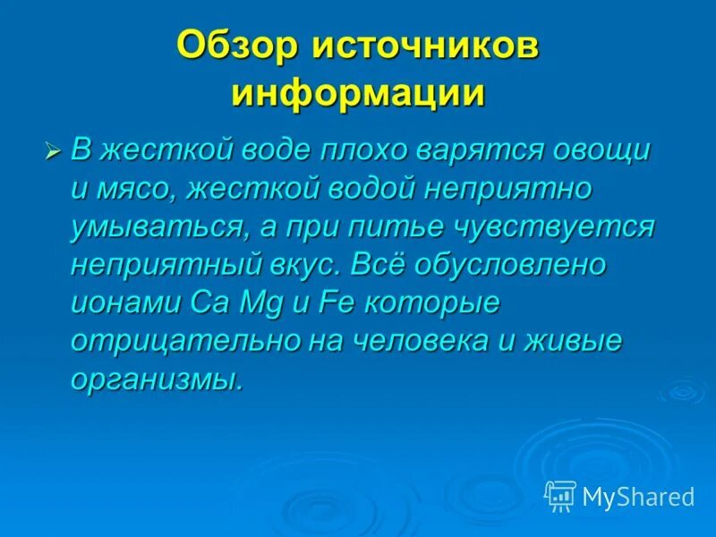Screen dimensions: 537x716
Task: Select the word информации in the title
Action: pyautogui.click(x=358, y=93)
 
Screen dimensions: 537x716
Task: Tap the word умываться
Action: pyautogui.click(x=151, y=227)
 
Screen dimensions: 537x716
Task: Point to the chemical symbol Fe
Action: pyautogui.click(x=333, y=303)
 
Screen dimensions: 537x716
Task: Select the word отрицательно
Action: pyautogui.click(x=179, y=342)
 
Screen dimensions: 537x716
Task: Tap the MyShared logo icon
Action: pyautogui.click(x=559, y=495)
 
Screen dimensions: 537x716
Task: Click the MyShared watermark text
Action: pyautogui.click(x=638, y=496)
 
